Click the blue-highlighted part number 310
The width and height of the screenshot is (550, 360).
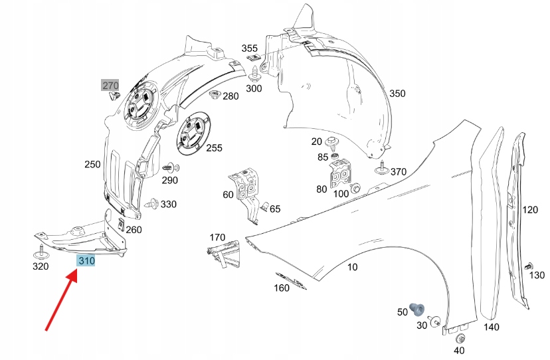pos(86,261)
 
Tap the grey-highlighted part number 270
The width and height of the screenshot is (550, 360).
pos(110,85)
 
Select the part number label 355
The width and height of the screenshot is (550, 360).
pos(249,48)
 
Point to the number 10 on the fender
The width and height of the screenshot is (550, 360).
pos(352,267)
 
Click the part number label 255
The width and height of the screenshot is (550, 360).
pos(214,147)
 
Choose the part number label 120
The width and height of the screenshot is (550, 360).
pos(529,210)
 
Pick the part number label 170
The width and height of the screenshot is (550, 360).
pos(217,237)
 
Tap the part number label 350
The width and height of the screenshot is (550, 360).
pos(397,94)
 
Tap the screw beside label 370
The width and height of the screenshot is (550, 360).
pos(381,169)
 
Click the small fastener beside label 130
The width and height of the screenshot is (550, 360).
pos(529,266)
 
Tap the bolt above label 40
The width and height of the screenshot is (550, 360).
pos(460,338)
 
